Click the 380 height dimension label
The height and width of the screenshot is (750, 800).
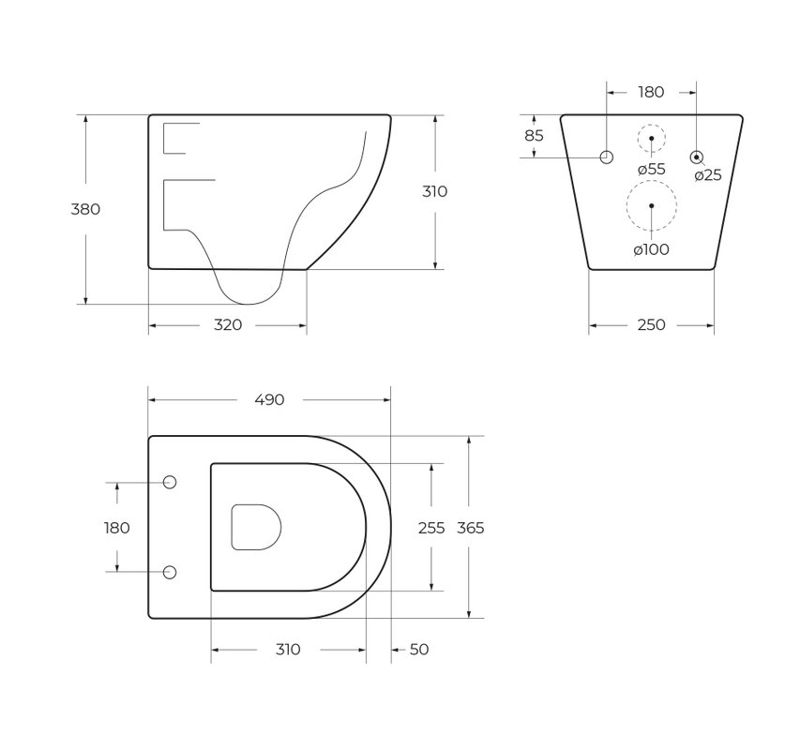pos(85,209)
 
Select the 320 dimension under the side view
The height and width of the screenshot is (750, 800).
pos(228,324)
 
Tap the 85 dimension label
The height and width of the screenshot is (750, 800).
pos(535,136)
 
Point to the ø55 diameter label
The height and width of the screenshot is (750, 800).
pos(652,169)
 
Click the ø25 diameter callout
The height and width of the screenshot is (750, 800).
pos(708,175)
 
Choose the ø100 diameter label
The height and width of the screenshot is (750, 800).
pos(651,249)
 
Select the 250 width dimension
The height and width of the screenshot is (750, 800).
pos(651,324)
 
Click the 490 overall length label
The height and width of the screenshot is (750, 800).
pos(269,399)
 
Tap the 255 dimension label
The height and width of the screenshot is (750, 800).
pos(431,528)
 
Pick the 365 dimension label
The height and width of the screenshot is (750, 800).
pos(471,528)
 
